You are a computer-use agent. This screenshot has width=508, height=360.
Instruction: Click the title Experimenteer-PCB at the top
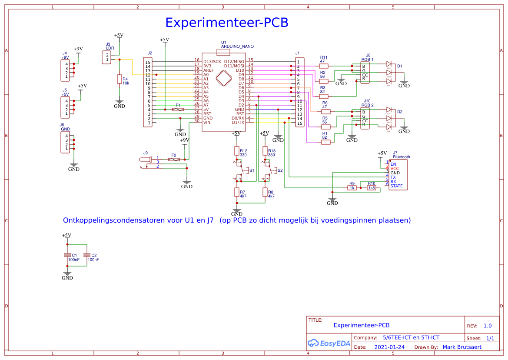pos(226,23)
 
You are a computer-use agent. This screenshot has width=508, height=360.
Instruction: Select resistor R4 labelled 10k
pos(119,79)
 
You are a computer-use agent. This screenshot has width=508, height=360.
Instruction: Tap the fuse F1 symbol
pos(178,110)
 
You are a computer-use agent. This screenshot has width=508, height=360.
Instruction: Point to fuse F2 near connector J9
pos(173,160)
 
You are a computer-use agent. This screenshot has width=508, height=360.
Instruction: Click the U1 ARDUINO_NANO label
pos(237,46)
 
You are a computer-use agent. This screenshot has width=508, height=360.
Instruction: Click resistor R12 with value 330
pos(237,151)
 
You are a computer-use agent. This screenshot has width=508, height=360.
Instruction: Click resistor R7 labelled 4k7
pos(237,192)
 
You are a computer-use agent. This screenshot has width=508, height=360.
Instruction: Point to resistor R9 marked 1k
pos(352,188)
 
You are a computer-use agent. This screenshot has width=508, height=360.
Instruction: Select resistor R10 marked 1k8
pos(371,188)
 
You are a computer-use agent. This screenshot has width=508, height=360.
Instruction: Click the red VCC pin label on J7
pos(395,168)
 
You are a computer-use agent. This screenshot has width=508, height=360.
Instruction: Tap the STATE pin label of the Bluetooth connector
pos(396,186)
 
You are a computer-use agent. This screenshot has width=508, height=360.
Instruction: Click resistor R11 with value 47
pos(323,66)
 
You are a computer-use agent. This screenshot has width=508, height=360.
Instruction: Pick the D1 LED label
pos(399,66)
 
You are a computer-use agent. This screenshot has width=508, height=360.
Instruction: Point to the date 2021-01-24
pos(389,347)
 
